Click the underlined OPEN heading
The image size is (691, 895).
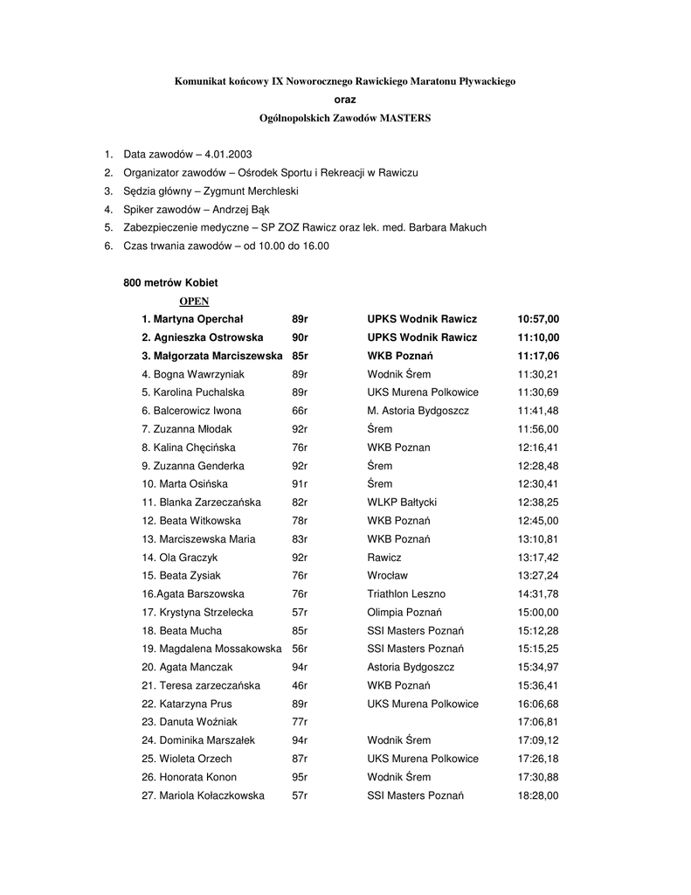(194, 301)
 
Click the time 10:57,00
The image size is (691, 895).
(538, 319)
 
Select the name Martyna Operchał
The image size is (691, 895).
(199, 319)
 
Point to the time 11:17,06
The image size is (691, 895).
(538, 356)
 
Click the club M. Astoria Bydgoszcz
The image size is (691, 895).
(418, 411)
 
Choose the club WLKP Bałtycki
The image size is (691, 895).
(402, 503)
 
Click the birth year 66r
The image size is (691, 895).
(300, 411)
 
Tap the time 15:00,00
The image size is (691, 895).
(538, 613)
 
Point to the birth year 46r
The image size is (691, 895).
(300, 685)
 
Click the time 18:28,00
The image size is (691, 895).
(538, 795)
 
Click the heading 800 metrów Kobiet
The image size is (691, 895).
(170, 282)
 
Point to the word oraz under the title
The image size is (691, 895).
(345, 100)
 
